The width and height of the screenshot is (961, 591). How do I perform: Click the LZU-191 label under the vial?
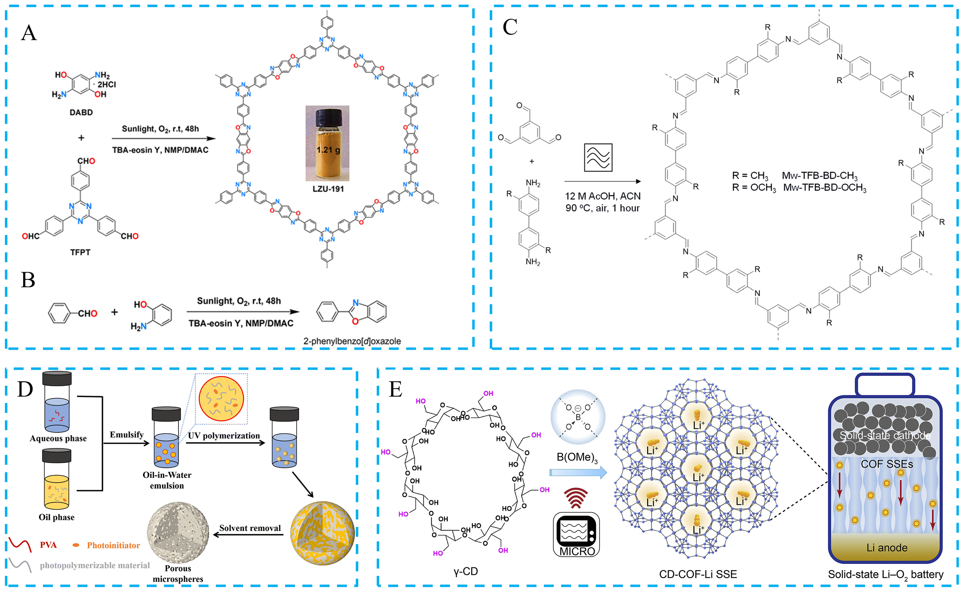click(328, 189)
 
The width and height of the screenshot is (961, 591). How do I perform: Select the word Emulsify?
click(126, 435)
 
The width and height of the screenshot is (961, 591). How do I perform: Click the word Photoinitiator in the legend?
click(113, 545)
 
